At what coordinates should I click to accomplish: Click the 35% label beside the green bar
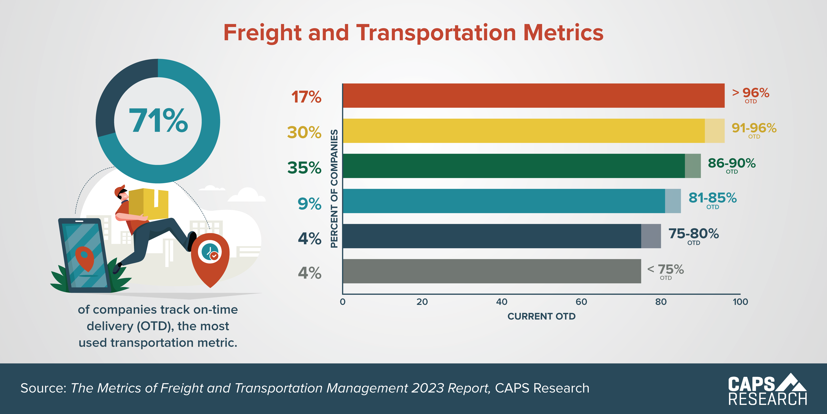point(304,167)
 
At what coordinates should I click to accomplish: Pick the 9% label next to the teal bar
point(309,204)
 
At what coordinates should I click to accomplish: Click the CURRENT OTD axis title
point(541,316)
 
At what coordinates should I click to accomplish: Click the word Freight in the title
point(262,33)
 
